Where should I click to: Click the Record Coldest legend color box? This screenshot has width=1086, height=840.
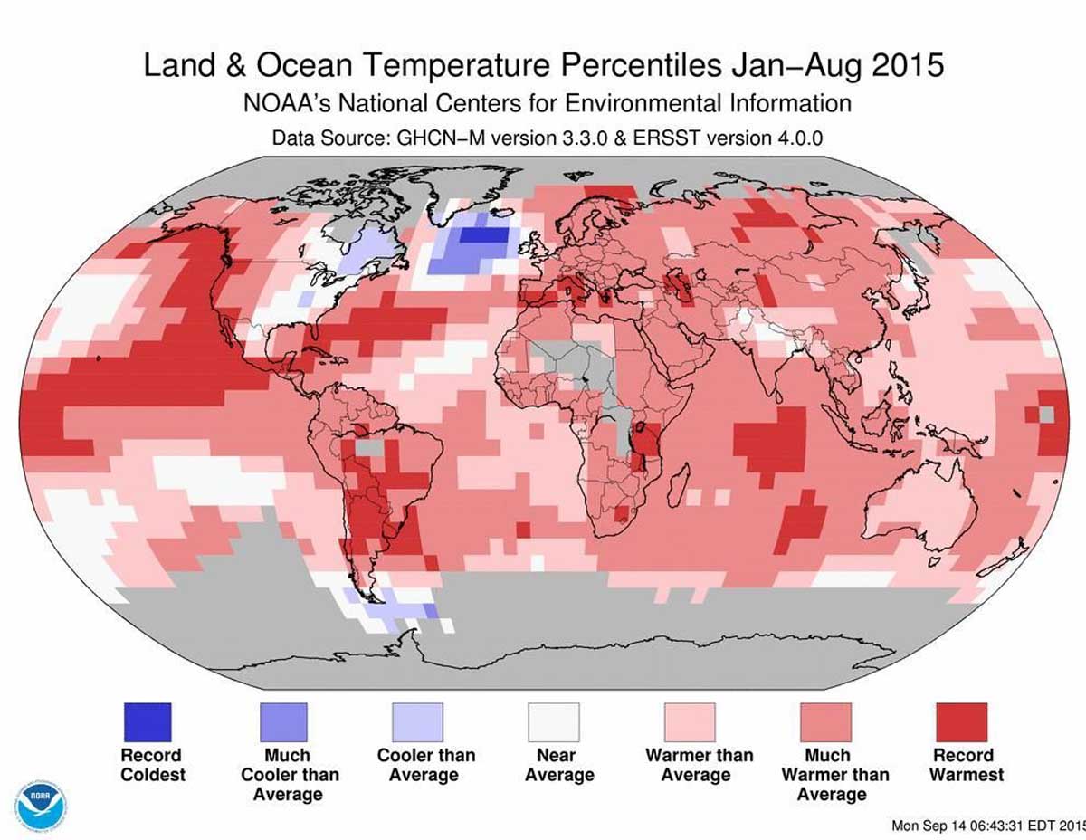coord(146,721)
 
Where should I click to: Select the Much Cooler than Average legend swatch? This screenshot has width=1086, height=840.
coord(282,721)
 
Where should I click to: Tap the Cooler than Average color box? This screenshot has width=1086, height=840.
coord(418,721)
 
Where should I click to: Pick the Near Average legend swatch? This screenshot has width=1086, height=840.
coord(554,721)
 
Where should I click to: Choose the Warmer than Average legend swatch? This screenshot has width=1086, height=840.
coord(690,721)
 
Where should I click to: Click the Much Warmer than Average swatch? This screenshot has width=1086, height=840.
coord(825,721)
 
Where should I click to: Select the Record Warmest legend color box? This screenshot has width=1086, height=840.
coord(961,721)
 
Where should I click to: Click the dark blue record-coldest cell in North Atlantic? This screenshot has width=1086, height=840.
coord(484,235)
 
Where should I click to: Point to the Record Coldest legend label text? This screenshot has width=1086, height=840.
coord(151,765)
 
